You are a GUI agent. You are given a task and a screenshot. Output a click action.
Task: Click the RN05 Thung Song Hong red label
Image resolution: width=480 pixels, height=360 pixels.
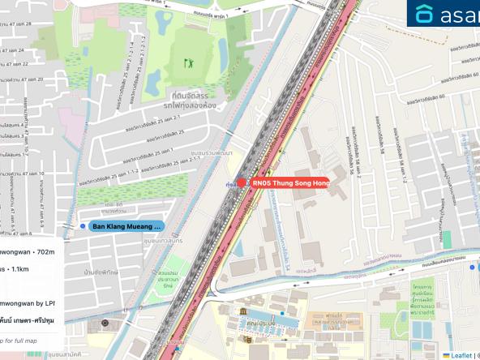point(289,183)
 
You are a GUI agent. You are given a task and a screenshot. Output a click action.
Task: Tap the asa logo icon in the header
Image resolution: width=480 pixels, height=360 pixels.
point(424,14)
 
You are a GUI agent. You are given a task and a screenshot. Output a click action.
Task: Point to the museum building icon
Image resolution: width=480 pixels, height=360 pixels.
point(242,312)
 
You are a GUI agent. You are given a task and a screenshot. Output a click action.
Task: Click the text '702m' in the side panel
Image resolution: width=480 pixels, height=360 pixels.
point(45,252)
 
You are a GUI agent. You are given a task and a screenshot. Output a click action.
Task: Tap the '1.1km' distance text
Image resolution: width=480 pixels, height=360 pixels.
point(17,268)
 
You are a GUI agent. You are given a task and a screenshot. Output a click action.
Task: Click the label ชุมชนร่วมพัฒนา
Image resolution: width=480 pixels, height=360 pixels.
point(211,153)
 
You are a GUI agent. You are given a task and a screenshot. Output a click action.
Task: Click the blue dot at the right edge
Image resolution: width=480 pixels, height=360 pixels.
point(474,266)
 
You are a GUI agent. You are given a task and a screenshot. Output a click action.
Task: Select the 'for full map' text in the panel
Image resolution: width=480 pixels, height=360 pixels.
point(18,341)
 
